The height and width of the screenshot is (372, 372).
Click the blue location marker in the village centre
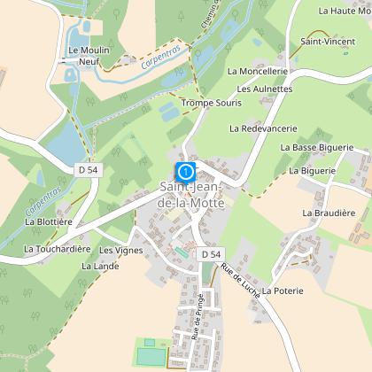point(186,171)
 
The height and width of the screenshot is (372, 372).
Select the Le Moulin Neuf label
point(89,56)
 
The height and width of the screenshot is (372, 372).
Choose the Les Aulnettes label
point(265,89)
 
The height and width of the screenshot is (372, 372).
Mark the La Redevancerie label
point(262,128)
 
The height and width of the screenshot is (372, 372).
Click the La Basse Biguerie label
point(316,147)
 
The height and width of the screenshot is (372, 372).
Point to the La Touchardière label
point(58,250)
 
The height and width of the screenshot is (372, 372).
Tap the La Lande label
point(99,265)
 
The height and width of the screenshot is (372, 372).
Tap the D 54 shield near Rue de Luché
point(209,254)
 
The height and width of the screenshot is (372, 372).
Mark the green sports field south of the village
point(151,355)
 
